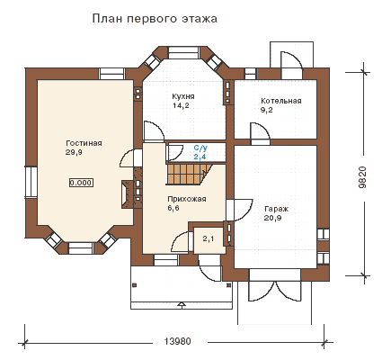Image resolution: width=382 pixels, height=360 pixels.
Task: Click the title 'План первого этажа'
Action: (155, 19)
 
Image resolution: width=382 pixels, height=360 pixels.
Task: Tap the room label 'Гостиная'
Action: (84, 143)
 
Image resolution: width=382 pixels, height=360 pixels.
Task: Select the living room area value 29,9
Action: (74, 152)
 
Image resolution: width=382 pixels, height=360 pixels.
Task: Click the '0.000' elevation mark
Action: (81, 183)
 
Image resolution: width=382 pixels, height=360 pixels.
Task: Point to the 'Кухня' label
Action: (183, 96)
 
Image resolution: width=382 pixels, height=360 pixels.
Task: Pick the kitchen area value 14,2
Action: (181, 105)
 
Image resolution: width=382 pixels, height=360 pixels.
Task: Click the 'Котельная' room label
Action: (280, 101)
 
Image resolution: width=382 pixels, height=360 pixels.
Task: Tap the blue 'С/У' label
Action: (200, 148)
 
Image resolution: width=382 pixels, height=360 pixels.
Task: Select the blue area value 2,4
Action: (200, 157)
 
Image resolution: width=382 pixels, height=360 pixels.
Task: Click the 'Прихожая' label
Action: (187, 199)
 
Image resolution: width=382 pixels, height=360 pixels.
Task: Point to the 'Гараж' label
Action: (276, 209)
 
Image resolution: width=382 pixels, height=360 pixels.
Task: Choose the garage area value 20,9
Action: (272, 218)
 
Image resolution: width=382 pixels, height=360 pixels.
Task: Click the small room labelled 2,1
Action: (209, 239)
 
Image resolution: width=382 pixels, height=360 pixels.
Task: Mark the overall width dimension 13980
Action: (177, 341)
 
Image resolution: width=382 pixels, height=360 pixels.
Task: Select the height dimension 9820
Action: (362, 177)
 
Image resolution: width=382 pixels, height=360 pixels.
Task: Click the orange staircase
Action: (186, 174)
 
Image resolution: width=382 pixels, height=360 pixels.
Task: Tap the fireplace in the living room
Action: (129, 194)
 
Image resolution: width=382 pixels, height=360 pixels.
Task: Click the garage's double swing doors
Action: (275, 291)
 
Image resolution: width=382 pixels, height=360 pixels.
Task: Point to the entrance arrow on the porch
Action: (182, 305)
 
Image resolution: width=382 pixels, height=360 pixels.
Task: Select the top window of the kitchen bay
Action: (183, 52)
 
